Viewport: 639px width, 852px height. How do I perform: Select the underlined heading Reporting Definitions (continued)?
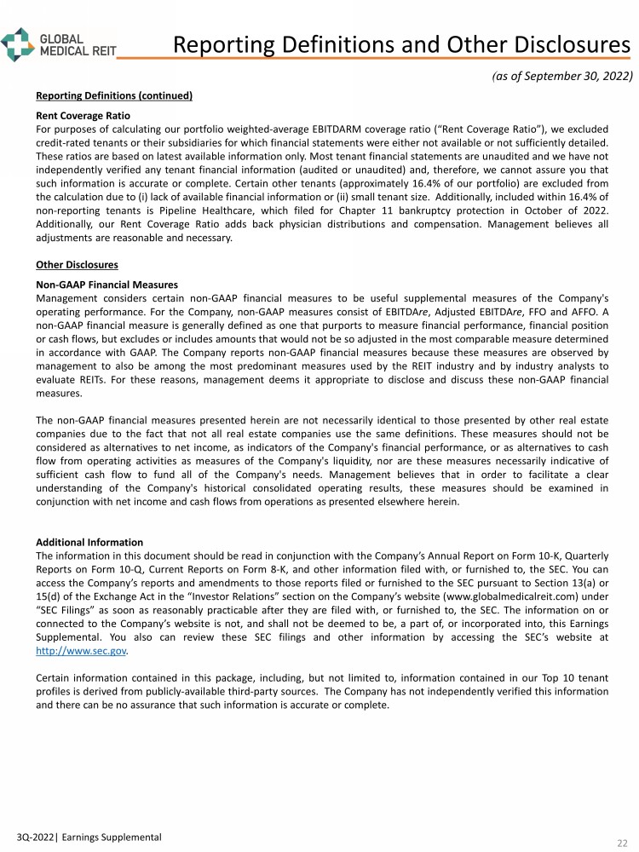click(x=114, y=95)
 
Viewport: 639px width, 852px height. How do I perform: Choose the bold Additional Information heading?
click(x=89, y=542)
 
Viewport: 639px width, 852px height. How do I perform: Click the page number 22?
click(x=622, y=842)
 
